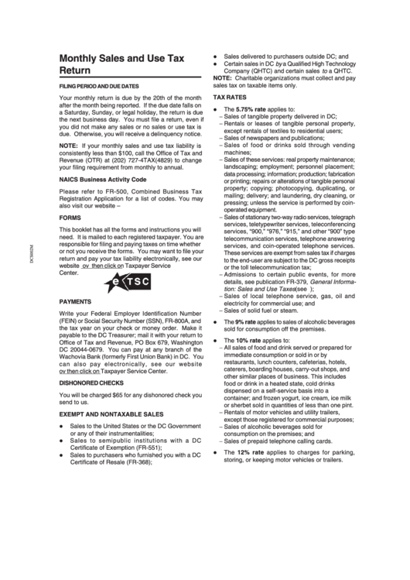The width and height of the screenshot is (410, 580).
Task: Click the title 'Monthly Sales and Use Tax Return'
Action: (x=122, y=63)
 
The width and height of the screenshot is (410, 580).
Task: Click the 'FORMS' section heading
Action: (x=72, y=218)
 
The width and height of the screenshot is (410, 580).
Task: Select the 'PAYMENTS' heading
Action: (x=78, y=300)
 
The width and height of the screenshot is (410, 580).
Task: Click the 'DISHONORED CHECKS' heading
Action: (x=91, y=383)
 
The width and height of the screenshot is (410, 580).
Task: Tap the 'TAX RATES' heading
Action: (x=231, y=99)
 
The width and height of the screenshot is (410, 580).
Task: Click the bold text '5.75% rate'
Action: (x=248, y=110)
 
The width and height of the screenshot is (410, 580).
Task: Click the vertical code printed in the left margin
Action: (x=31, y=251)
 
